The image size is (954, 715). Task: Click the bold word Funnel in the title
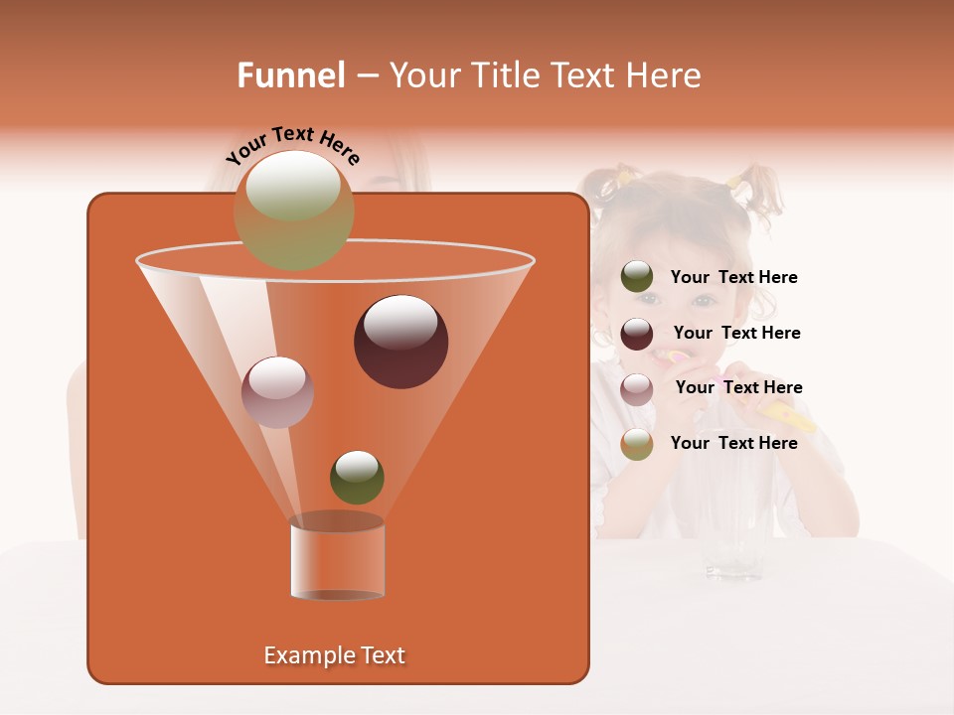291,75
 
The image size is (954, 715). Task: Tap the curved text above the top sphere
292,145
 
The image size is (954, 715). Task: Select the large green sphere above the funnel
294,210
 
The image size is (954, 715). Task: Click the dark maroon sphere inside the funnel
400,341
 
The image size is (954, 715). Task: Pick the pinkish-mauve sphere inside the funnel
277,391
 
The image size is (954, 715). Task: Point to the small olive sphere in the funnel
357,477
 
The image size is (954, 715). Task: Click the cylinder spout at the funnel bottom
337,559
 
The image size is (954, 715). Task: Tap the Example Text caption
334,655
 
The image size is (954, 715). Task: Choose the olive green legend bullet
637,277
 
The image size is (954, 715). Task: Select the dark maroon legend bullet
637,334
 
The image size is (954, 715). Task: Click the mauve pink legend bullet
637,388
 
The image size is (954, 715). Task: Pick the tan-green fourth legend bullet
637,444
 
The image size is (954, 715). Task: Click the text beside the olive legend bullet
733,278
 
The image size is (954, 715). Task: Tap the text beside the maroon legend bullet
736,333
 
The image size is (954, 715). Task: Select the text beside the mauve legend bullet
738,387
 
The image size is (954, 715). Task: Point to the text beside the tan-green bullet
733,443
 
